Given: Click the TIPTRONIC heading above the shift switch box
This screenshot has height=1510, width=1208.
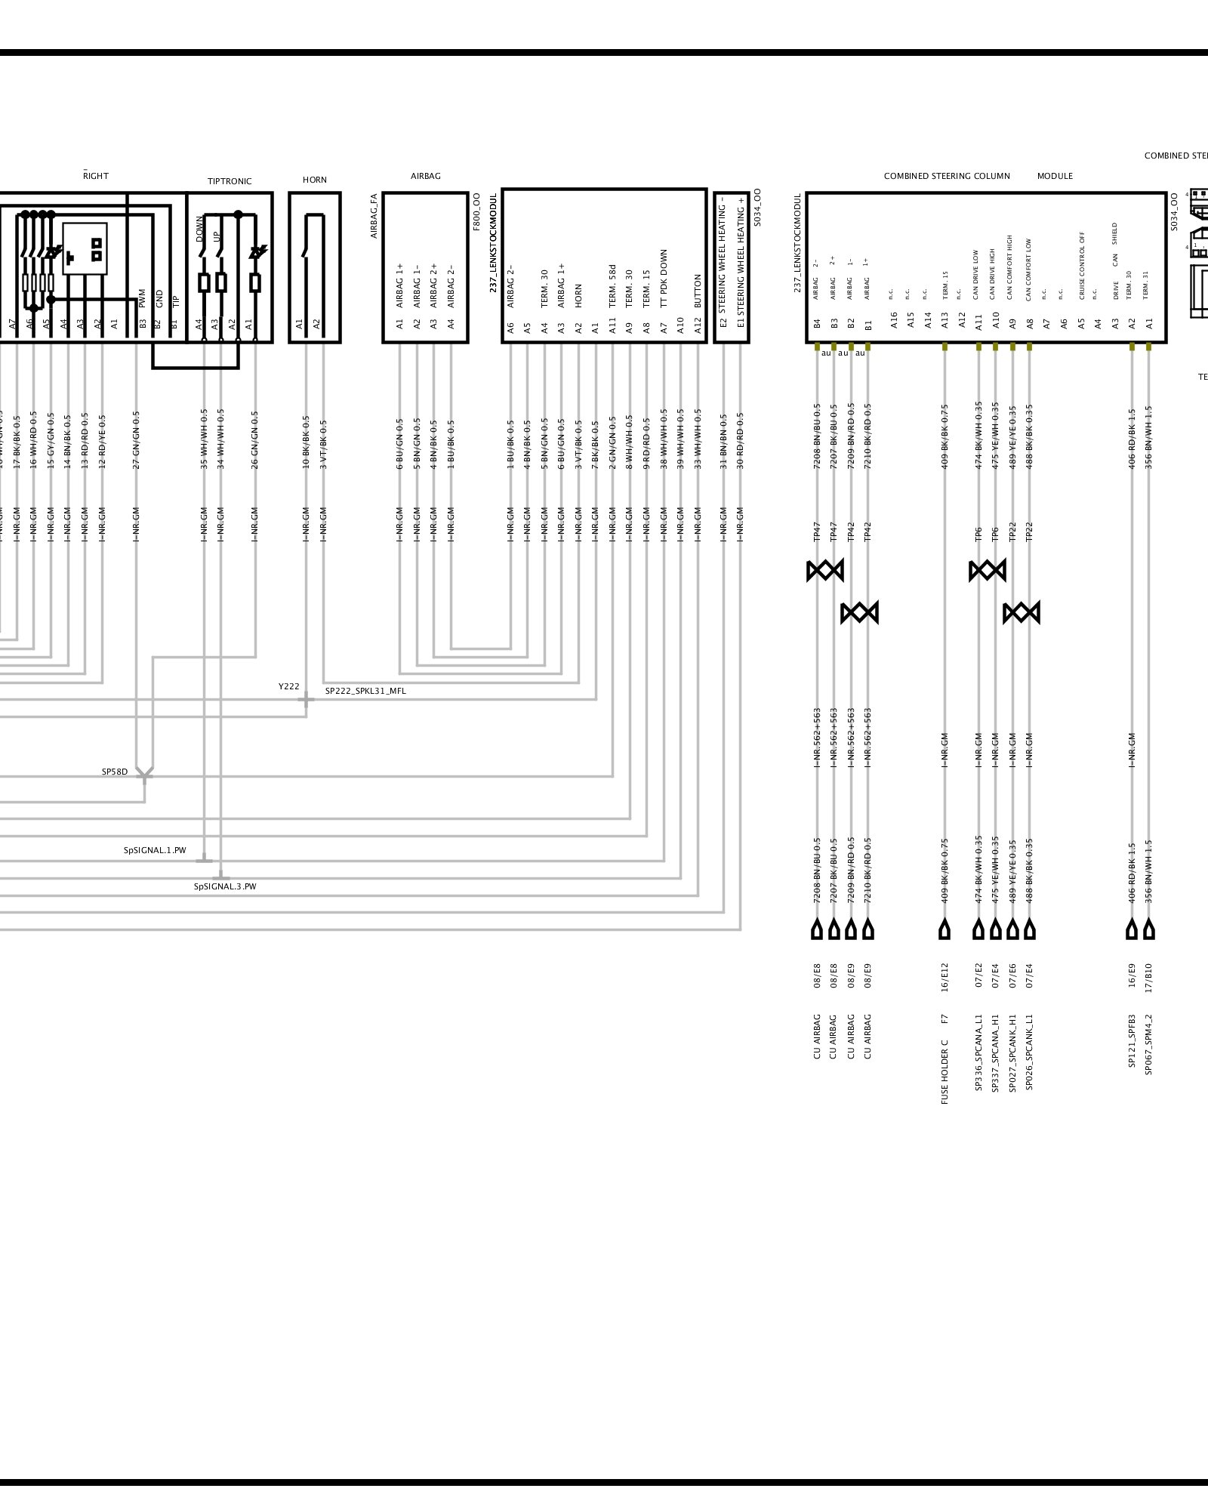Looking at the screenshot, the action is pos(230,181).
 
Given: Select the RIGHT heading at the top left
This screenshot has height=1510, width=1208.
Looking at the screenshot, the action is pos(96,176).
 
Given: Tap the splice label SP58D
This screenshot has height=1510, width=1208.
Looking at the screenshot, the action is pos(115,772).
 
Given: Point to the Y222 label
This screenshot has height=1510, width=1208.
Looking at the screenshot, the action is pos(288,686).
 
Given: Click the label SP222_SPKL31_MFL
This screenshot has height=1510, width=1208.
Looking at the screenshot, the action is pos(365,691).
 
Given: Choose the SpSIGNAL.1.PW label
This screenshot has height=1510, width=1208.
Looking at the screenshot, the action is pos(155,850).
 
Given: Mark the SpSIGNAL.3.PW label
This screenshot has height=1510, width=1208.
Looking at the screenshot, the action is pos(225,886).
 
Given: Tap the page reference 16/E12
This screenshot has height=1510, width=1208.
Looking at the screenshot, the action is pos(945,976).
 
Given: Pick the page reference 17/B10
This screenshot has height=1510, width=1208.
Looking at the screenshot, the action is pos(1148,976).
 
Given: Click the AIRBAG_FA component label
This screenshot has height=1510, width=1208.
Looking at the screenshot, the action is pos(374,216).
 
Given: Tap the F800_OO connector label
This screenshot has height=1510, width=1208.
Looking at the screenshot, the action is pos(476,212).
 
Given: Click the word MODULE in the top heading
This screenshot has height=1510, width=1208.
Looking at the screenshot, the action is pos(1055,176).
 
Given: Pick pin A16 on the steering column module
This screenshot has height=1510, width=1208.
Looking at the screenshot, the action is pos(894,320).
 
